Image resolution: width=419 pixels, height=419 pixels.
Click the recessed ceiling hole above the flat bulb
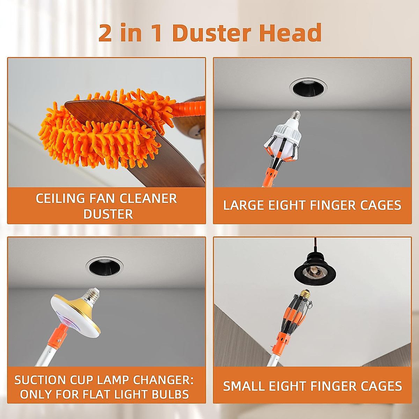[x=104, y=267]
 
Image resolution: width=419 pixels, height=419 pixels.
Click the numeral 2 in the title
[x=105, y=33]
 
